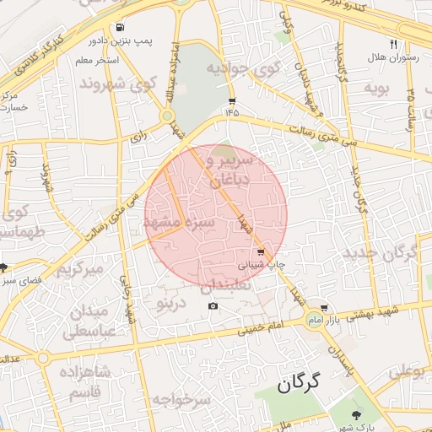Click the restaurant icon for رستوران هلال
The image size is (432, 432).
coord(393,44)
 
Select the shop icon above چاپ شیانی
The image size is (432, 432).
coord(261,251)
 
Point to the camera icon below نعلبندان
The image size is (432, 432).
coord(213,305)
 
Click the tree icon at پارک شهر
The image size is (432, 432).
coord(355,414)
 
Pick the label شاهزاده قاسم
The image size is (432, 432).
coord(80,381)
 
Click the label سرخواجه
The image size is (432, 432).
coord(181,399)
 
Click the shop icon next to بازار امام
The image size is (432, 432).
coord(324,308)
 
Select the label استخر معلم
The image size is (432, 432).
coord(97,61)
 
